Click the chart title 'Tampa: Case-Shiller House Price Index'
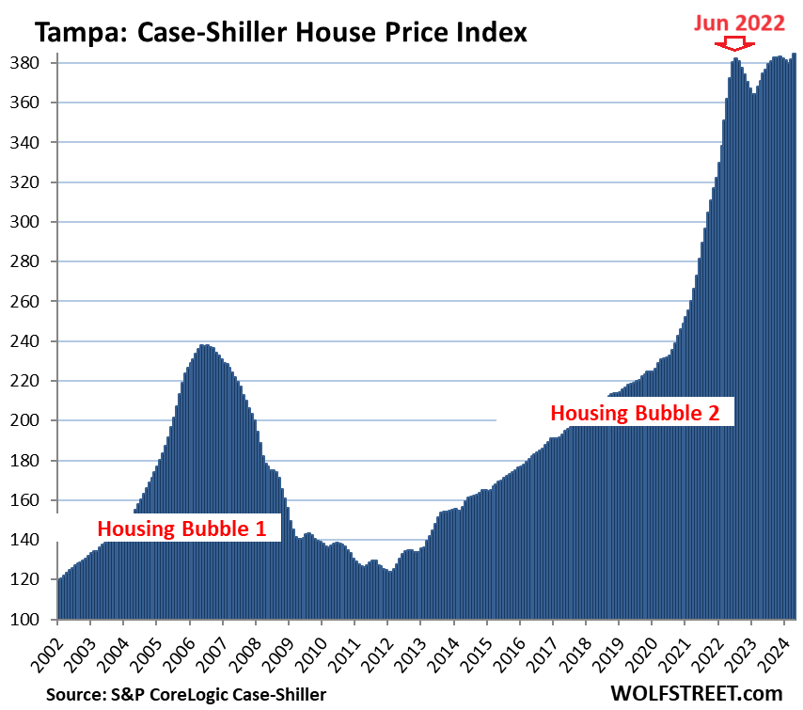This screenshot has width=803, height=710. (x=281, y=33)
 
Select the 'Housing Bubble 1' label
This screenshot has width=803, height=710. (x=189, y=529)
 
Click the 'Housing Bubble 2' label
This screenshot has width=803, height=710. (x=640, y=412)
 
